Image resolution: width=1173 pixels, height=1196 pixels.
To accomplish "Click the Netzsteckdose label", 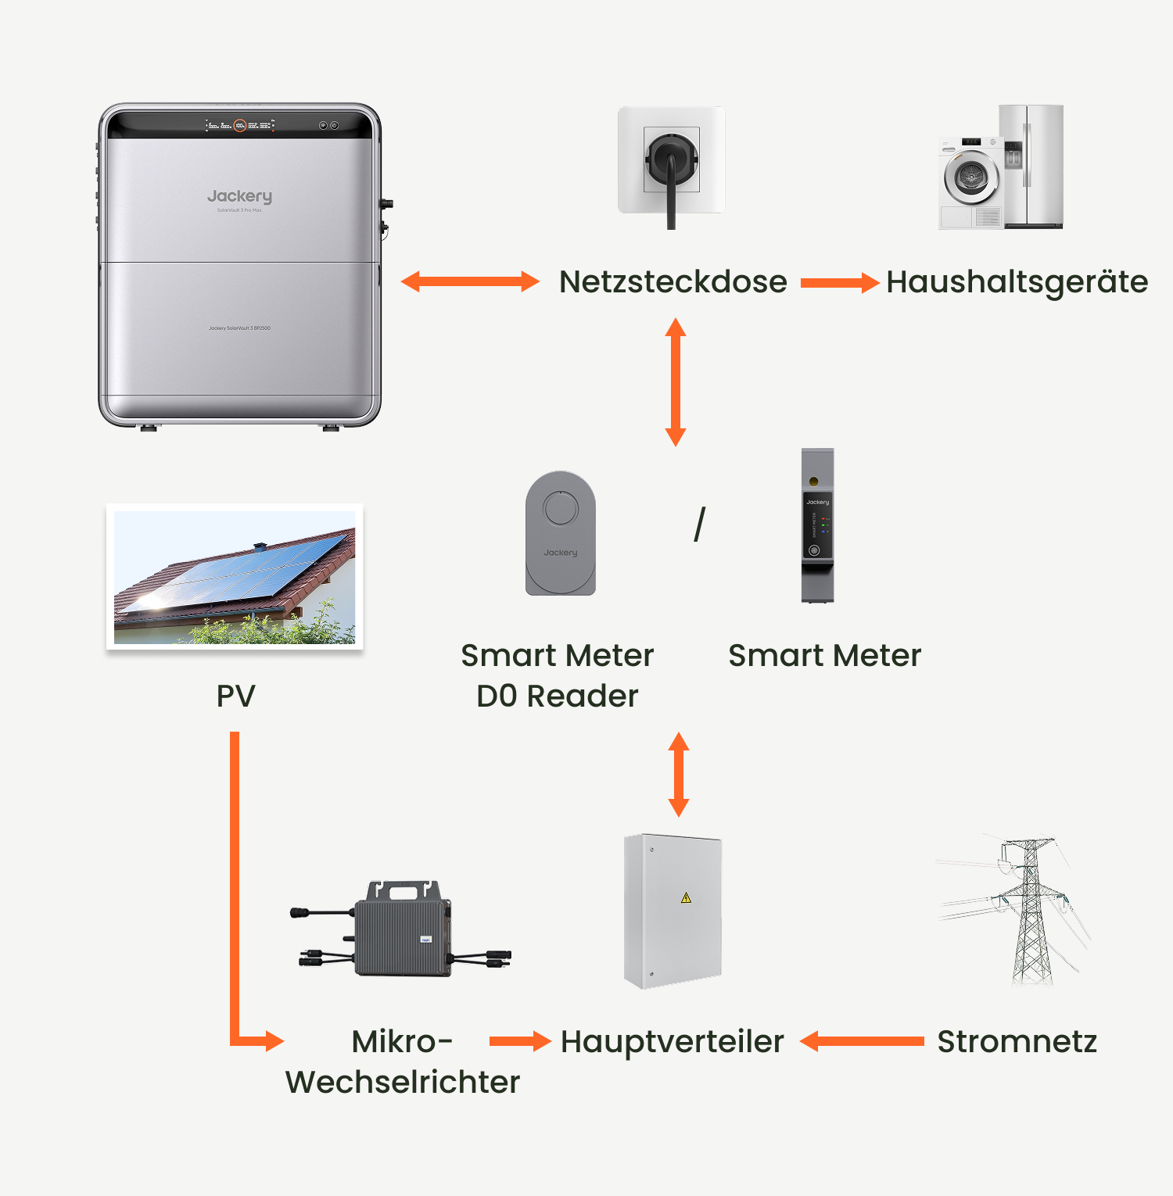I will click(x=673, y=282).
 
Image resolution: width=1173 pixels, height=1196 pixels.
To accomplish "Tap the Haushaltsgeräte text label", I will click(x=1017, y=282).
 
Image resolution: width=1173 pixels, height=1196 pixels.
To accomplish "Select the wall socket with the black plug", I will click(x=671, y=161).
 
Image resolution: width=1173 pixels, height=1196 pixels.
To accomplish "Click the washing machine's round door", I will click(x=971, y=177).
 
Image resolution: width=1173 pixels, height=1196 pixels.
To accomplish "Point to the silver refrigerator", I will click(x=1032, y=166).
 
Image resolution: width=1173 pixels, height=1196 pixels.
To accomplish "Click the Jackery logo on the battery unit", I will click(x=239, y=196).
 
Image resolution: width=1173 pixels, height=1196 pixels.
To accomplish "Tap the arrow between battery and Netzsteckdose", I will click(x=470, y=282).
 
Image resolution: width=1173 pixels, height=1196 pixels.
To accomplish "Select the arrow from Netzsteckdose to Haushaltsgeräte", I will click(x=840, y=283).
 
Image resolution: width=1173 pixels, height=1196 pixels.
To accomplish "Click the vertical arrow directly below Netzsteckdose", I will click(x=676, y=382).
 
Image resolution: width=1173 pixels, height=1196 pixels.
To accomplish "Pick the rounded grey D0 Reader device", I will click(x=561, y=533).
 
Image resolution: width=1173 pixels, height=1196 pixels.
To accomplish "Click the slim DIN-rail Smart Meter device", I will click(x=817, y=525).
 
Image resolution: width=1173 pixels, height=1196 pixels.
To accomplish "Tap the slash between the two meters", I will click(x=700, y=525).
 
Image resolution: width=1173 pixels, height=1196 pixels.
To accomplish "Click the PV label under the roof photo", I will click(x=235, y=696).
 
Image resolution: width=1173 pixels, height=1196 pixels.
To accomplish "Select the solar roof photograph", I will click(x=235, y=577).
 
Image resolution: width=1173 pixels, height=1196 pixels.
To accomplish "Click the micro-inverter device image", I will click(x=403, y=930).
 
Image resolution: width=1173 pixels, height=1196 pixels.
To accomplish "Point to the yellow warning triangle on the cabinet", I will click(x=686, y=897).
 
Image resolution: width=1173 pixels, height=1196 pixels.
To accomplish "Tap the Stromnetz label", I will click(x=1017, y=1042).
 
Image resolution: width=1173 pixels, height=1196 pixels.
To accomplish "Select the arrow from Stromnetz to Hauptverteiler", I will click(x=862, y=1041).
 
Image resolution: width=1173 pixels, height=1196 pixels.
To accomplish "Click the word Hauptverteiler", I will click(x=672, y=1042).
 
